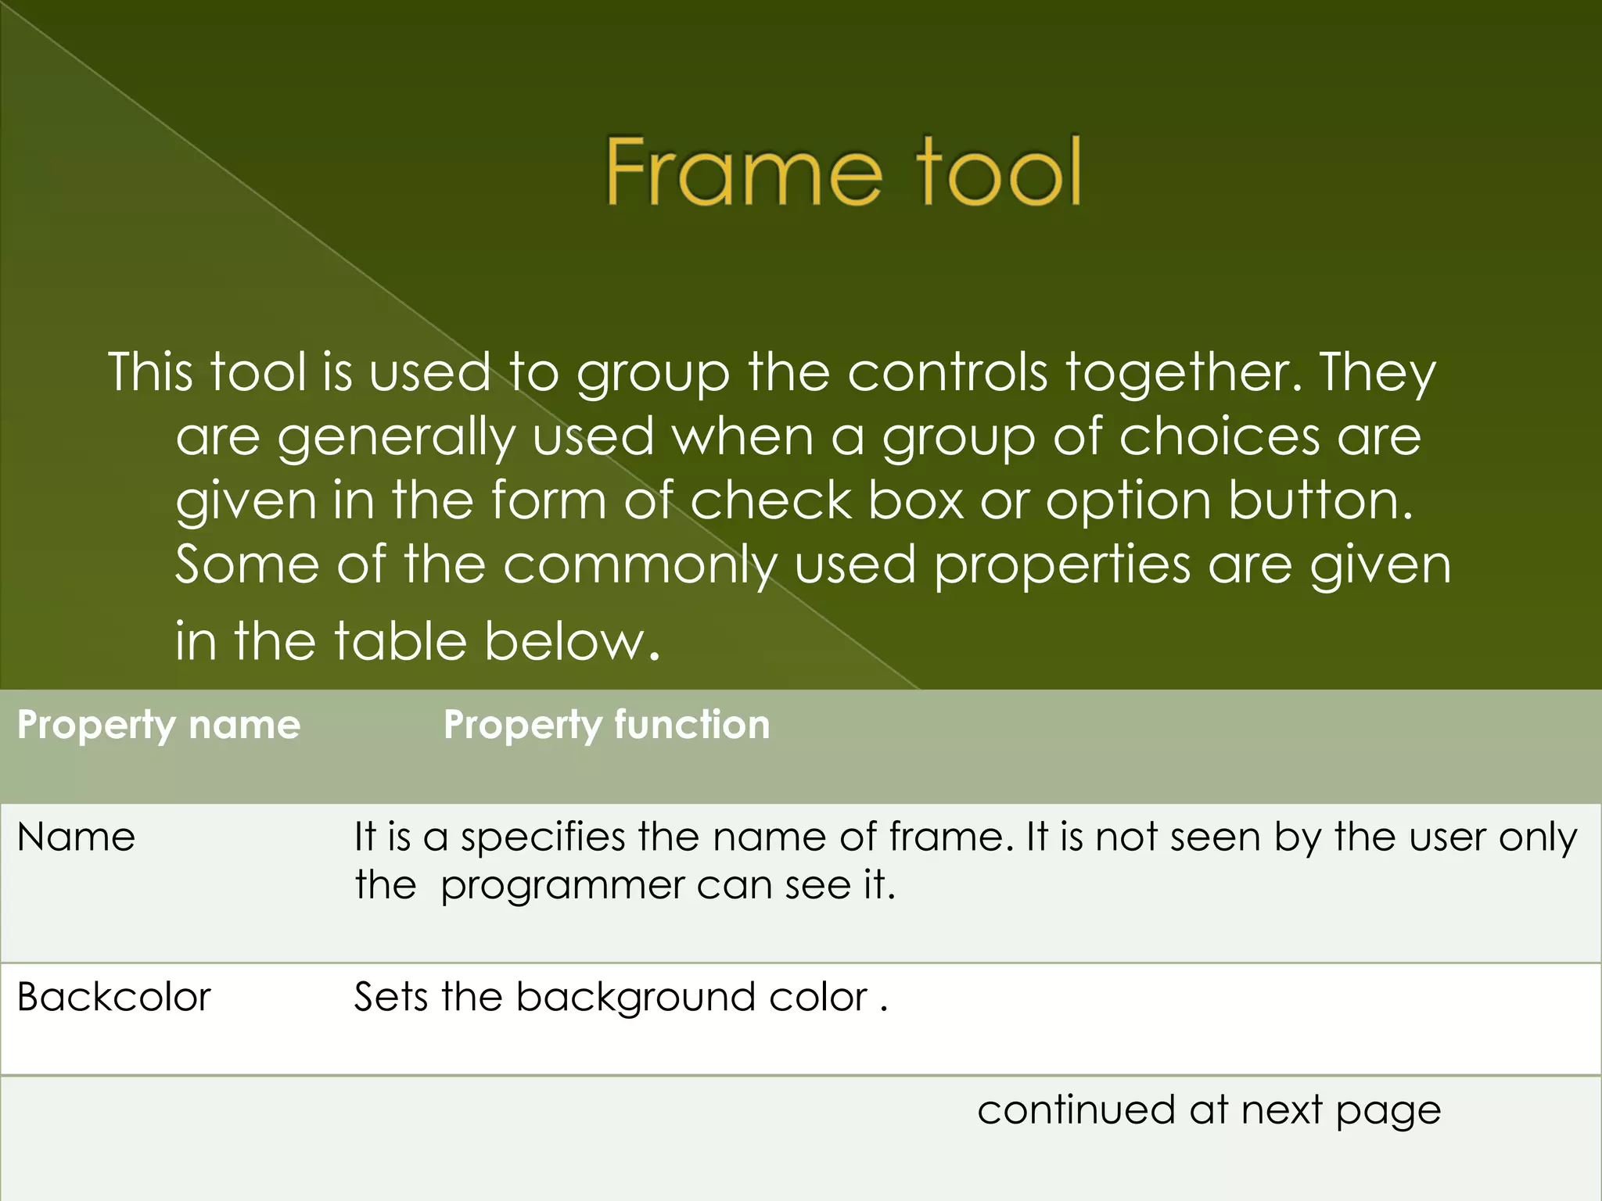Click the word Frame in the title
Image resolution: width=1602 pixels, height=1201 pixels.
click(743, 172)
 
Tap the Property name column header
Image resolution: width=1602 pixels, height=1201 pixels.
click(159, 725)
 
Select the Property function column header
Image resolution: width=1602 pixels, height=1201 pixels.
click(606, 725)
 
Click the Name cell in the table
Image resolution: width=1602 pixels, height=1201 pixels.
click(76, 837)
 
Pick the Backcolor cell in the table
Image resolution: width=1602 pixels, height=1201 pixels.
click(114, 998)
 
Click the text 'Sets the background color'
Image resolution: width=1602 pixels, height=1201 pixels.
click(610, 998)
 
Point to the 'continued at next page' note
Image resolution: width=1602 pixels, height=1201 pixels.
click(1209, 1110)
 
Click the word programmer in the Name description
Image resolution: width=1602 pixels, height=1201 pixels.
click(562, 887)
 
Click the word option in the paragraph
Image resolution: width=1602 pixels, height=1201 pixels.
click(1128, 502)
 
